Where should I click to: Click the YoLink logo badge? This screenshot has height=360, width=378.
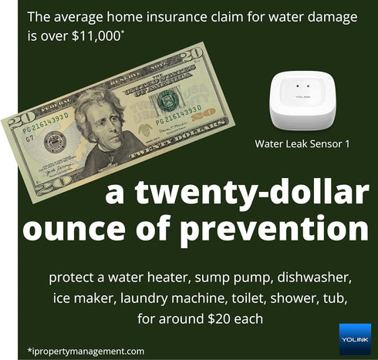(x=355, y=338)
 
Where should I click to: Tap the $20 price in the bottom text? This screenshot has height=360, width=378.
(x=227, y=316)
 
